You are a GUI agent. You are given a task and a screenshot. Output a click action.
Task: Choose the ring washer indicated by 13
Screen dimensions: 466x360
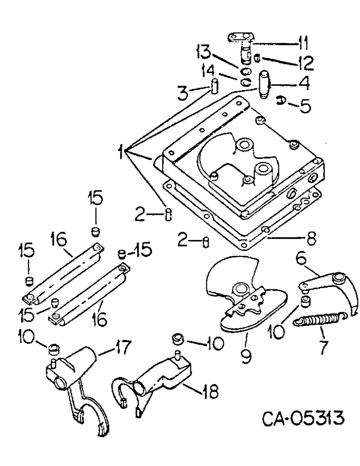click(246, 72)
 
